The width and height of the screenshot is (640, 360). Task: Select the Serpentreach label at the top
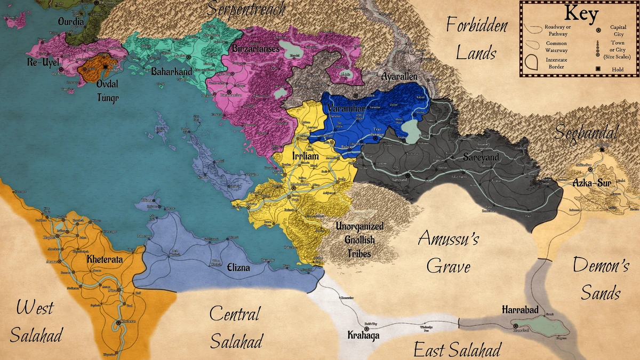[x=246, y=9]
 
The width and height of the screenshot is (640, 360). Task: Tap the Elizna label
[x=238, y=268]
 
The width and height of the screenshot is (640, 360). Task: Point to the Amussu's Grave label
[x=448, y=252]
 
